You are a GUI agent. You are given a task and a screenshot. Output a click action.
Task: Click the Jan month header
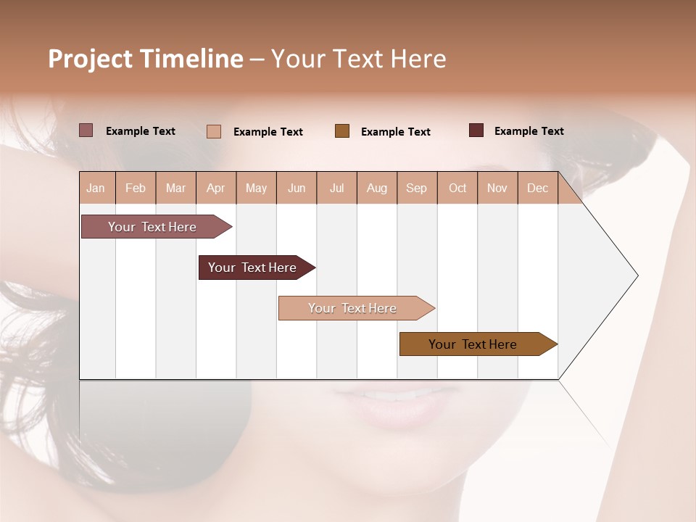click(96, 188)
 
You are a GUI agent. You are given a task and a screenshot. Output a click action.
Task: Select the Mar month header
click(175, 188)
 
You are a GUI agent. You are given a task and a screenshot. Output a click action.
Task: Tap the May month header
click(256, 188)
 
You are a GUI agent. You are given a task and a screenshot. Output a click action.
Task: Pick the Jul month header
click(336, 188)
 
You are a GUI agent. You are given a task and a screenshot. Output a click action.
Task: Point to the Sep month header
click(416, 188)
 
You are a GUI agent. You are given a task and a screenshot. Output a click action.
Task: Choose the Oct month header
click(457, 188)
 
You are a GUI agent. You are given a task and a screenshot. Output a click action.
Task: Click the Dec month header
click(537, 188)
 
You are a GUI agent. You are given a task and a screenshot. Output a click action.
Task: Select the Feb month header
click(136, 188)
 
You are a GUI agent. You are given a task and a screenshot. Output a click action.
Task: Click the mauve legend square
click(86, 130)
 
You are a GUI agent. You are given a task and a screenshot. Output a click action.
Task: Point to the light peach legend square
click(214, 131)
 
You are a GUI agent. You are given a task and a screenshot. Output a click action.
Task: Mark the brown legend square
click(342, 131)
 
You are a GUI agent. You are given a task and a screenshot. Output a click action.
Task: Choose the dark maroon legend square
click(476, 130)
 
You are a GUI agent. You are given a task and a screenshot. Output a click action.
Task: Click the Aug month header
click(376, 188)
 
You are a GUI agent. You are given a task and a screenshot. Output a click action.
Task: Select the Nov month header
click(497, 188)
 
